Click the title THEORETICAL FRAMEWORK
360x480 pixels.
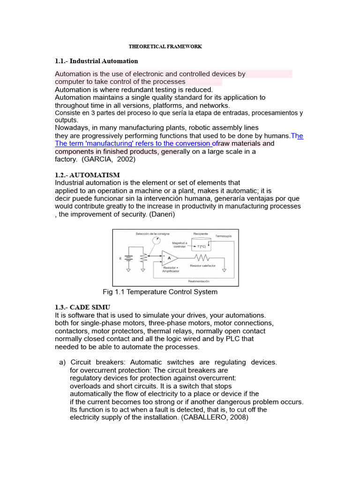[x=165, y=47]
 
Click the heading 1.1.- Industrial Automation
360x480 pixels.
[x=97, y=61]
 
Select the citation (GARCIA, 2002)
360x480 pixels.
[x=109, y=159]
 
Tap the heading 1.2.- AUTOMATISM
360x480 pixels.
[x=87, y=175]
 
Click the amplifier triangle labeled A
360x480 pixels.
[x=169, y=257]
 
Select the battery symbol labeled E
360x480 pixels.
[x=129, y=258]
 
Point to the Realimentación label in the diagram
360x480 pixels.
[x=199, y=281]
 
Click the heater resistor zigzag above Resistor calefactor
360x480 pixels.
[x=202, y=257]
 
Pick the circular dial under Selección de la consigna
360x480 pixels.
[x=156, y=240]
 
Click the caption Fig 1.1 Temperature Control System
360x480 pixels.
[x=160, y=292]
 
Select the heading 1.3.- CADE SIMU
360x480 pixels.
[x=82, y=307]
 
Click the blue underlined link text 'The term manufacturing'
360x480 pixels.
[x=136, y=143]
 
